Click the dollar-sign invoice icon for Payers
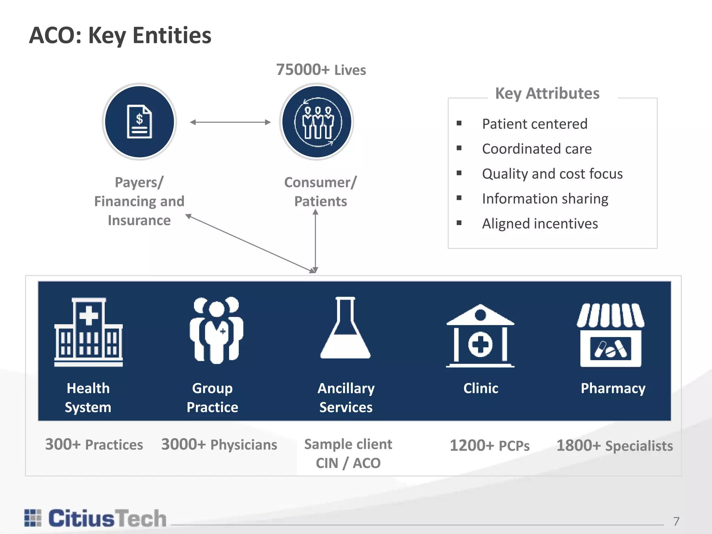[139, 122]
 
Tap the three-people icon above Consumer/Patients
[317, 122]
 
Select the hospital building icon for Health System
[88, 332]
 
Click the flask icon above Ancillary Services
[345, 328]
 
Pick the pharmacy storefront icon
[610, 335]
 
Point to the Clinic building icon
[480, 336]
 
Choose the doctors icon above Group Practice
[216, 330]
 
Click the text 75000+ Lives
[321, 70]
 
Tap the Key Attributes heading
[547, 93]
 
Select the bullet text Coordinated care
[536, 149]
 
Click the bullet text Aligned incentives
[540, 224]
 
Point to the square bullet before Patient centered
[459, 123]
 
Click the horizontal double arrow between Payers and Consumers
[230, 122]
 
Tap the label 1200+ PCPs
[489, 446]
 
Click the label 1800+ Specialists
[615, 446]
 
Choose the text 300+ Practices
[94, 445]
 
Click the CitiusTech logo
[96, 518]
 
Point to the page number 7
[676, 521]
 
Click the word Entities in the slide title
[172, 35]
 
